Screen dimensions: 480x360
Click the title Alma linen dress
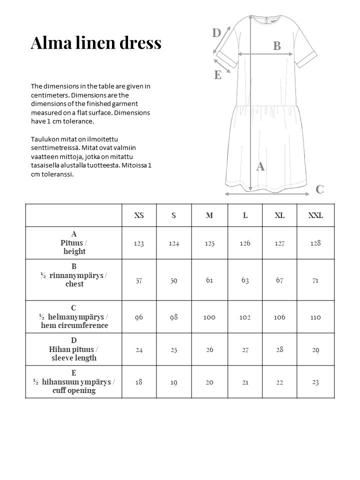(96, 43)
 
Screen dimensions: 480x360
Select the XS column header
(139, 215)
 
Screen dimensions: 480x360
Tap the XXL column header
(315, 215)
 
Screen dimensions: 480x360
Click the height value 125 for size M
(209, 243)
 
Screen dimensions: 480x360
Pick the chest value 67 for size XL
(280, 280)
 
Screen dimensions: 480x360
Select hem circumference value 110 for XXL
(315, 317)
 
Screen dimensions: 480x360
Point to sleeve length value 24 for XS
(139, 349)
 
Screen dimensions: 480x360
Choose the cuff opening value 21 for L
(245, 382)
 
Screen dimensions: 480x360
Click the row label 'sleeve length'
(74, 358)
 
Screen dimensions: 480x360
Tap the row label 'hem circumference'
(74, 325)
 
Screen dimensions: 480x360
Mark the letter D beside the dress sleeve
(216, 33)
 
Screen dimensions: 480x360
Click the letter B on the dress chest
(277, 46)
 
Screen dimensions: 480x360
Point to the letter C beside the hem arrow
(319, 189)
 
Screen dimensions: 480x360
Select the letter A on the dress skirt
(260, 167)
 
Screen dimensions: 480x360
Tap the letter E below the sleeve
(218, 75)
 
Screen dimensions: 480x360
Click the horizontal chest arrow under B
(260, 53)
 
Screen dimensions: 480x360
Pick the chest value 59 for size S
(174, 280)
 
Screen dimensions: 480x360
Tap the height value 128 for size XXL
(315, 243)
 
